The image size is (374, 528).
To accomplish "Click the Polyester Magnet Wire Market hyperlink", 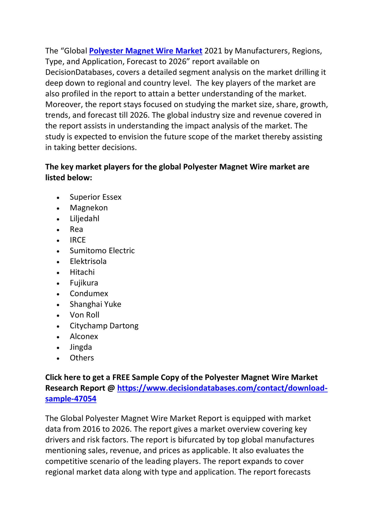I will click(145, 51).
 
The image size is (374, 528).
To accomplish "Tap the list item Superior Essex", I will click(95, 197).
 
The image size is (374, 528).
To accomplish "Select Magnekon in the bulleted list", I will click(88, 208).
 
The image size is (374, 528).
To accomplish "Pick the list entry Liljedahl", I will click(84, 218).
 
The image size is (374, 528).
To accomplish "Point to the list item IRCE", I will click(78, 240).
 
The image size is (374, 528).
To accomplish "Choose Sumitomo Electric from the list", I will click(102, 251).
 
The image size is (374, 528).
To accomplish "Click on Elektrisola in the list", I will click(88, 261).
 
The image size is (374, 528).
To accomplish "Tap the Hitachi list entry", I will click(82, 272).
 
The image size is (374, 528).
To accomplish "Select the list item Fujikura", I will click(84, 283).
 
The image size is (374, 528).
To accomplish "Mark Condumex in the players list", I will click(89, 293).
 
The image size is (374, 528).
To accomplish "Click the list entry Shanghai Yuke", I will click(95, 304).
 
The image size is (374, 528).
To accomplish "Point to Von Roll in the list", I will click(84, 315).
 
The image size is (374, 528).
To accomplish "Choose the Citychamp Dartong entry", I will click(104, 326).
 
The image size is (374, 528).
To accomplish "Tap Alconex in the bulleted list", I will click(84, 336).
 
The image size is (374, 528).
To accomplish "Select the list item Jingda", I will click(81, 347).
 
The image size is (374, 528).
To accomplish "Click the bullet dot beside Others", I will click(58, 358).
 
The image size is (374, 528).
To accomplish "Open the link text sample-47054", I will click(71, 399).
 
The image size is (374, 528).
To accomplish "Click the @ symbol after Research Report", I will click(111, 388).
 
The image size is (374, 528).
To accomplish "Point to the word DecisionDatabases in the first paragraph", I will click(79, 72).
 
